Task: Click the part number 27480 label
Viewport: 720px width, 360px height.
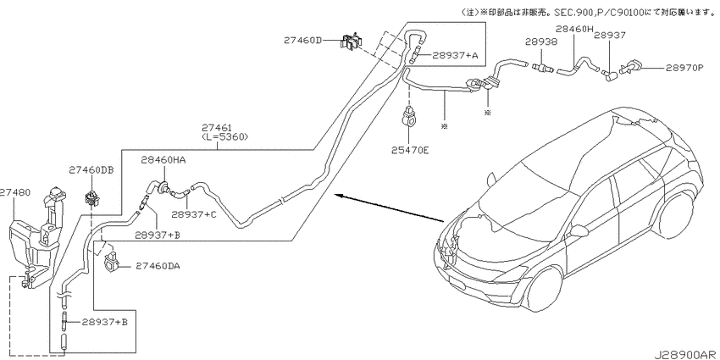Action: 15,192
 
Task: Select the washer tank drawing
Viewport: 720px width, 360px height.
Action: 36,238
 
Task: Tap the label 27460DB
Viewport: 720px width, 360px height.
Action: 91,170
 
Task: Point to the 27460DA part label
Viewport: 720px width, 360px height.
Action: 158,266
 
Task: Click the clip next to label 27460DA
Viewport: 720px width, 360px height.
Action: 112,262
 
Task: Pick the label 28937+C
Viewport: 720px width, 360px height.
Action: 193,214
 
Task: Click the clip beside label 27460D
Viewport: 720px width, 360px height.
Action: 352,42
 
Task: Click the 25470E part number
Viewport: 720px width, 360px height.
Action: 410,149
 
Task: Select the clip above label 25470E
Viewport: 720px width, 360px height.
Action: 408,116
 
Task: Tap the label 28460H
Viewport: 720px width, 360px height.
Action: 574,29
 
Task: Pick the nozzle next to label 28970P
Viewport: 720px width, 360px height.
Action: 631,67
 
